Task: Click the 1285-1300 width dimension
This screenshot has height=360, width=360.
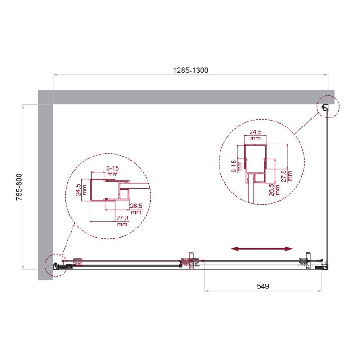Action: click(191, 70)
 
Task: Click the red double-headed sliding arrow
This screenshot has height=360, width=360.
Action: click(261, 248)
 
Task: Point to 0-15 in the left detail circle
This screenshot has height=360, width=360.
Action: click(112, 168)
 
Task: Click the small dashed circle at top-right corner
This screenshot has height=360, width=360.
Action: click(328, 107)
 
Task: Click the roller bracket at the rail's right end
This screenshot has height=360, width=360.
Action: click(306, 261)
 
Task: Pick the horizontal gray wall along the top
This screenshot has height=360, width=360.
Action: click(189, 97)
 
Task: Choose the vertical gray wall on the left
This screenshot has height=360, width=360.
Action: click(45, 189)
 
